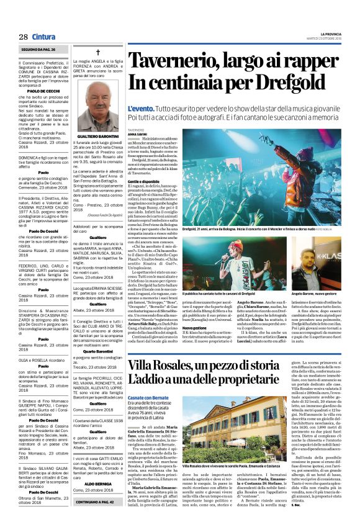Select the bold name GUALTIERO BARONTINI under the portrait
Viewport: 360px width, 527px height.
pyautogui.click(x=98, y=135)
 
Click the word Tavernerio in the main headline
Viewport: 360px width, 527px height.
pyautogui.click(x=176, y=61)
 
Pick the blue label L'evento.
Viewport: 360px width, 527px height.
pyautogui.click(x=140, y=109)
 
